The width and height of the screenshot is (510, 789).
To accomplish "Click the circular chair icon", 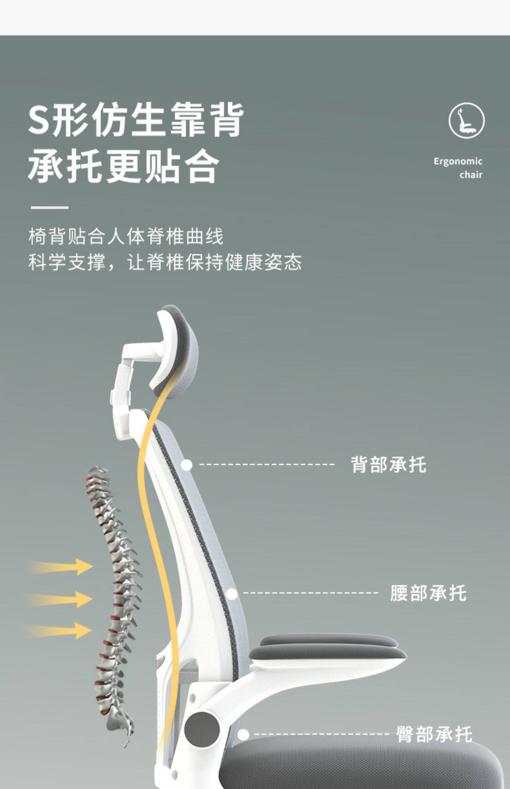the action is (466, 121).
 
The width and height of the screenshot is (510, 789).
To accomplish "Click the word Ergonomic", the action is (458, 161).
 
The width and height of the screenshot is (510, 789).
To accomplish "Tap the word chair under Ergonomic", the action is (471, 175).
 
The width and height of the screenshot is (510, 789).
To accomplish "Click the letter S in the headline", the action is (38, 120).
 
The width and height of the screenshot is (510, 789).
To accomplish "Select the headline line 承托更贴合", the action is (123, 167).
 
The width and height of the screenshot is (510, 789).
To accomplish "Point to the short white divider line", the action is (50, 207).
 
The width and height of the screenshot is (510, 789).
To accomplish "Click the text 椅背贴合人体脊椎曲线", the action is (126, 237).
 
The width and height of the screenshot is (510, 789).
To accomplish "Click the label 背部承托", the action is (388, 464).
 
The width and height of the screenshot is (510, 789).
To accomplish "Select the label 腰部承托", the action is (428, 593).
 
